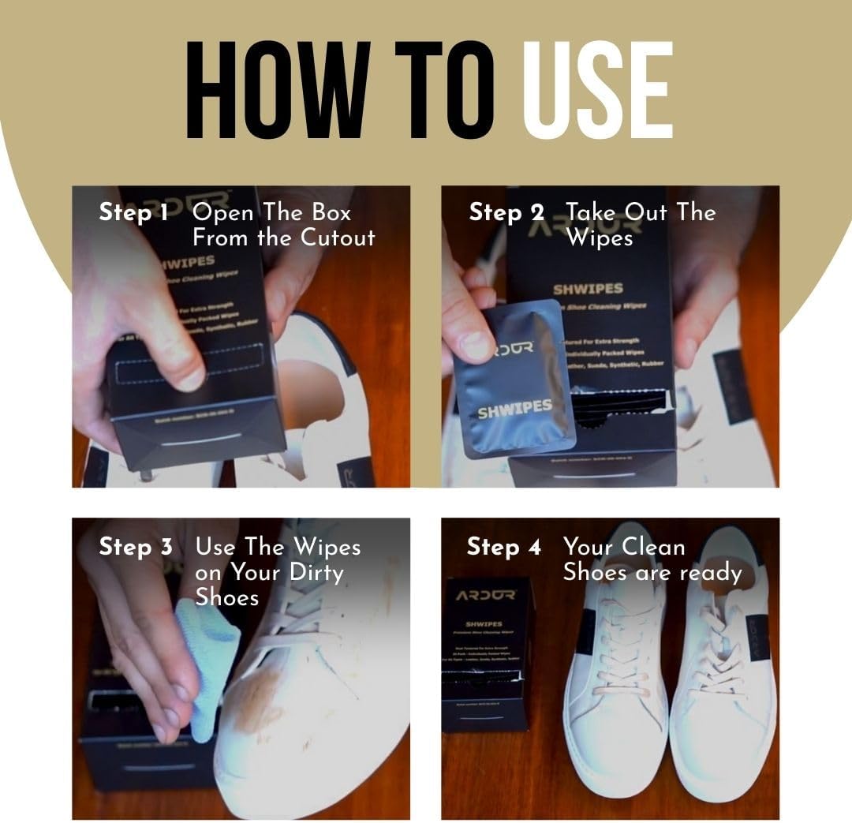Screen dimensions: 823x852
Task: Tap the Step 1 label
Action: pyautogui.click(x=133, y=213)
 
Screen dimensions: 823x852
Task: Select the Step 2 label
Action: pyautogui.click(x=506, y=213)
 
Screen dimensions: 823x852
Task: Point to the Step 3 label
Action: pyautogui.click(x=135, y=548)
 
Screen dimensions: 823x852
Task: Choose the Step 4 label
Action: pyautogui.click(x=504, y=548)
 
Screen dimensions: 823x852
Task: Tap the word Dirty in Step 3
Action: pyautogui.click(x=316, y=572)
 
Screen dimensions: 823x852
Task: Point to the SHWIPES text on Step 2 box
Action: pyautogui.click(x=588, y=289)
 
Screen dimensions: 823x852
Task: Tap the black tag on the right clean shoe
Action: pyautogui.click(x=757, y=638)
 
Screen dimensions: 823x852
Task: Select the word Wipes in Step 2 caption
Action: pyautogui.click(x=600, y=238)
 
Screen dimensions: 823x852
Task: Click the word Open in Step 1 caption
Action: pyautogui.click(x=223, y=213)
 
